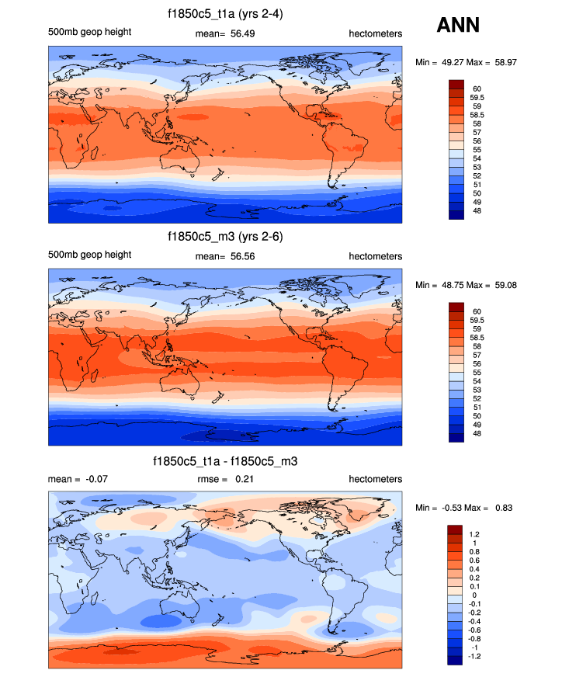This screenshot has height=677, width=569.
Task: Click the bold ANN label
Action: click(459, 25)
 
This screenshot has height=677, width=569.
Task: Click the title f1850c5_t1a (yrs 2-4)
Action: click(225, 14)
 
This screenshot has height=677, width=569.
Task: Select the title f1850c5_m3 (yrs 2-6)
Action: click(225, 237)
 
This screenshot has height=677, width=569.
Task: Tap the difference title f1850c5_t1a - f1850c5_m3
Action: click(225, 461)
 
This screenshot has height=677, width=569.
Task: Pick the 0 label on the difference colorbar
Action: click(474, 595)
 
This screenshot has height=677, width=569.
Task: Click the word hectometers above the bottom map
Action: click(375, 479)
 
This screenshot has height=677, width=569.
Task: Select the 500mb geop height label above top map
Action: click(89, 32)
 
